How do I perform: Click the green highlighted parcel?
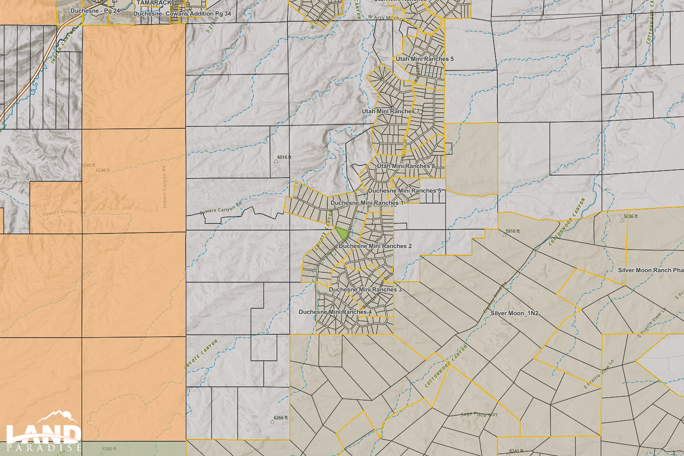point(342,232)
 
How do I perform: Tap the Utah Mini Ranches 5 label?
point(424,59)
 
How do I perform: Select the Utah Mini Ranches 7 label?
point(390,111)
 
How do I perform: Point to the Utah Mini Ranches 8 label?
point(406,166)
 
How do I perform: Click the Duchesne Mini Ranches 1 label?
point(367,203)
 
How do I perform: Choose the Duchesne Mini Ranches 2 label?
point(375,246)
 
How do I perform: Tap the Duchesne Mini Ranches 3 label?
point(365,289)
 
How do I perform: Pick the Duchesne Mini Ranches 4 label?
point(335,312)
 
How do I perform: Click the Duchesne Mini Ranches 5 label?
point(405,191)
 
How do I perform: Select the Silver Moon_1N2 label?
point(514,313)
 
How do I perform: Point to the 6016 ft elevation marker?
point(284,158)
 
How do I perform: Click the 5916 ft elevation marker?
point(512,232)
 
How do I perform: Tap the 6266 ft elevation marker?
point(280,418)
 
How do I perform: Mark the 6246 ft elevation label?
point(102,170)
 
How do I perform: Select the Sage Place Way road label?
point(479,414)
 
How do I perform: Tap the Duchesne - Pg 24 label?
point(95,11)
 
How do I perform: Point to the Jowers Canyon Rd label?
point(164,187)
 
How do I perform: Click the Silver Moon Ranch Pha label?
point(650,270)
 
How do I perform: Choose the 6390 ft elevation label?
point(109,449)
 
